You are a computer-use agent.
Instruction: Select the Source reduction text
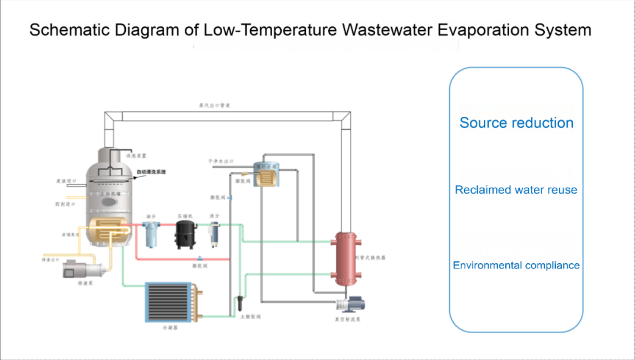516,123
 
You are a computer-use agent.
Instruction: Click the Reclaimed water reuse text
516,190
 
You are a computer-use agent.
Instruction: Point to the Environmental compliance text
516,265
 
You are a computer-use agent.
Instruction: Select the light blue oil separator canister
152,234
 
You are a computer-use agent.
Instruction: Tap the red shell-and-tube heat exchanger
346,258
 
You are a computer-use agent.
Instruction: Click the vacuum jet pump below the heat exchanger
350,305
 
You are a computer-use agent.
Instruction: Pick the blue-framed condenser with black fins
169,302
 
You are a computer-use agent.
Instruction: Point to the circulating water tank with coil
266,174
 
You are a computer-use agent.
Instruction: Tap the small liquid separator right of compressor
214,234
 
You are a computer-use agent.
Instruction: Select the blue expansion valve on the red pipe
200,258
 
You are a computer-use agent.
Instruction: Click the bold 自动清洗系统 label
151,172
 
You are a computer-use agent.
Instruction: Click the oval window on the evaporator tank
109,201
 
